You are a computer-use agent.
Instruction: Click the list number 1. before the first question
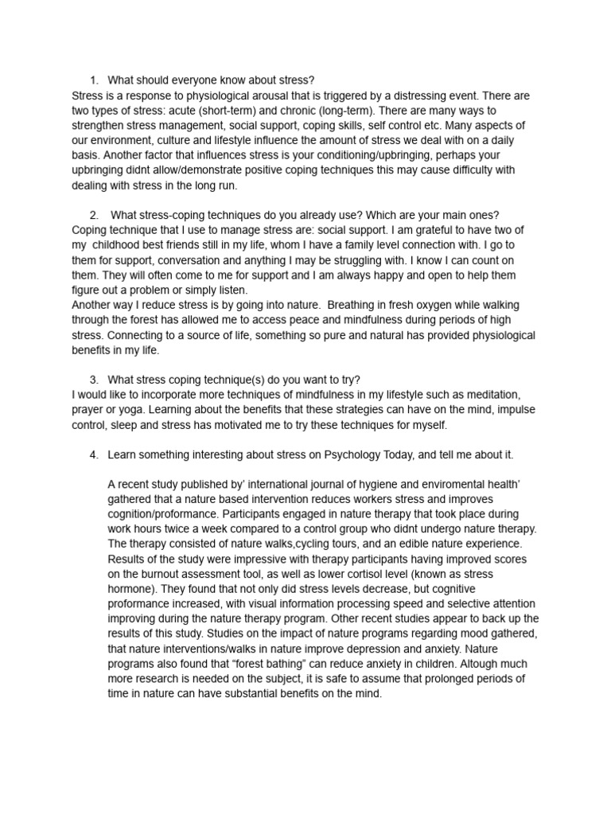coord(93,80)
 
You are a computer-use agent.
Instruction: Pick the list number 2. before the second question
coord(94,215)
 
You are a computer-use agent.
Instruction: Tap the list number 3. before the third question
coord(93,380)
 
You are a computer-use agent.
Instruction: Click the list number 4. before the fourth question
coord(93,454)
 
